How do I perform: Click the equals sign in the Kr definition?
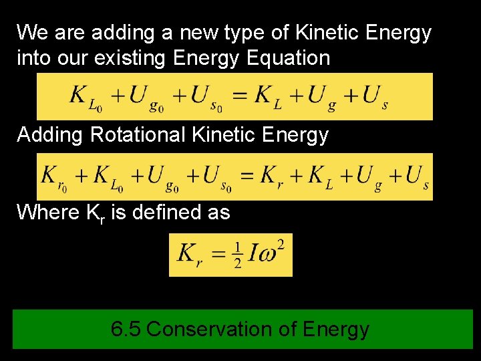pos(218,254)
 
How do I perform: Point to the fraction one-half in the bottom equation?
pos(237,254)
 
